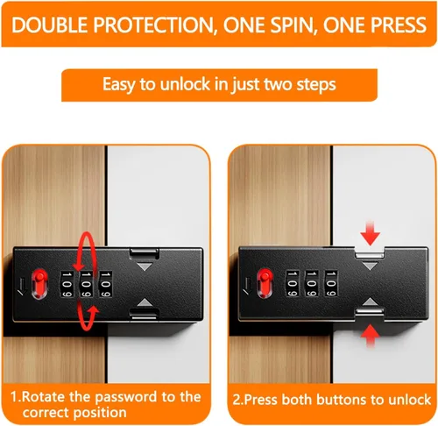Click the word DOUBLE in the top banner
point(50,25)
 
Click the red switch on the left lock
point(39,284)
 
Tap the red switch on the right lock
point(265,283)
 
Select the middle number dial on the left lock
point(86,284)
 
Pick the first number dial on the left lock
point(67,284)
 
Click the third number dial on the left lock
point(105,284)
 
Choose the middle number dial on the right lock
point(312,283)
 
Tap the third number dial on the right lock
point(331,283)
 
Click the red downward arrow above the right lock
point(370,233)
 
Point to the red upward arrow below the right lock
point(370,336)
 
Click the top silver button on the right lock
point(370,255)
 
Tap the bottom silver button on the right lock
point(370,312)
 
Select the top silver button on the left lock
point(145,253)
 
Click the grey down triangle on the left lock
point(145,266)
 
